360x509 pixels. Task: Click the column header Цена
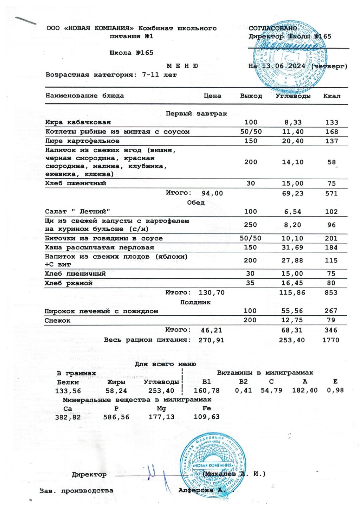pos(212,96)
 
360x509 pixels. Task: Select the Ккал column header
pos(332,96)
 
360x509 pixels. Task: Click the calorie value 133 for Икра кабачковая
pos(332,122)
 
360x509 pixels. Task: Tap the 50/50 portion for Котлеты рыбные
pos(251,132)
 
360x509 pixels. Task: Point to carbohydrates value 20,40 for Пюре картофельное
pos(292,141)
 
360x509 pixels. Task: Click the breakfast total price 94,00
pos(212,193)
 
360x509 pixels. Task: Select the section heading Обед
pos(196,203)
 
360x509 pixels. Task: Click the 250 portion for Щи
pos(250,225)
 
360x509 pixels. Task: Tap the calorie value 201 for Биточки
pos(331,238)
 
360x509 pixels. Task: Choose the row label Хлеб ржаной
pos(69,283)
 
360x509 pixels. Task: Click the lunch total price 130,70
pos(211,292)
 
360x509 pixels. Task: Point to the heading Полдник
pos(195,302)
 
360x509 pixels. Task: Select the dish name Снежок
pos(57,321)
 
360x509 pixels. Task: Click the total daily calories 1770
pos(331,340)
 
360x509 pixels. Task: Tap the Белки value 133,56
pos(68,391)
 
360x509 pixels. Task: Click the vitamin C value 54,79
pos(271,390)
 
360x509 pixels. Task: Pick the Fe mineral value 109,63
pos(206,417)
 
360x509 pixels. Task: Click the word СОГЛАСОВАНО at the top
pos(272,28)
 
